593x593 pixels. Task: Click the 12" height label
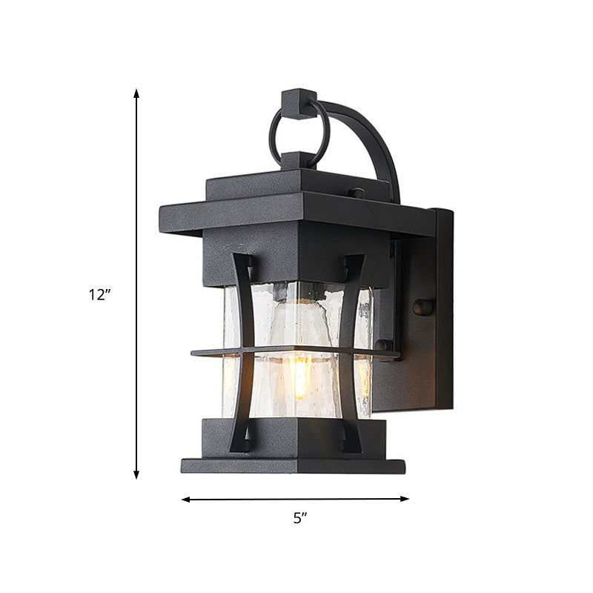pos(99,294)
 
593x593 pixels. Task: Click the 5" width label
pos(299,519)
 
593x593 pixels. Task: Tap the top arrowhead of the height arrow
pos(136,93)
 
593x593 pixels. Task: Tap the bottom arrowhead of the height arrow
pos(136,474)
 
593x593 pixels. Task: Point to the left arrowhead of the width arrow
pos(185,499)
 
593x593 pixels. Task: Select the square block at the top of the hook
pos(299,102)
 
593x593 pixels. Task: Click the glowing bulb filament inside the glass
pos(299,374)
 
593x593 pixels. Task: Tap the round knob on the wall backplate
pos(423,307)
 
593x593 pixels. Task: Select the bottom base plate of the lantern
pos(293,466)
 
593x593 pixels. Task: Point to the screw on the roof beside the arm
pos(357,193)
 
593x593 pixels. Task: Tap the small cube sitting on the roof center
pos(299,160)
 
